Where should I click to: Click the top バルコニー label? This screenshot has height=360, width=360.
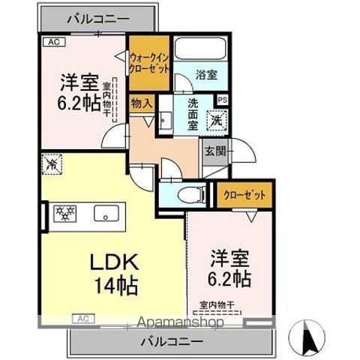pos(97,18)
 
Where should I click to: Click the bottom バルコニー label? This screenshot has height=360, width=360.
pos(173,341)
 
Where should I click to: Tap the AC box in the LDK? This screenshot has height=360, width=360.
pos(82,318)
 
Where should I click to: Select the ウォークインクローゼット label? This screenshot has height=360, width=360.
pos(148,60)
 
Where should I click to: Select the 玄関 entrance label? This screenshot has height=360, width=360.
pos(215,149)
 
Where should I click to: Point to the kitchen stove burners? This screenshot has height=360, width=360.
pos(64,212)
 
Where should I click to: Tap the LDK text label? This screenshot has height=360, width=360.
pos(114,264)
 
